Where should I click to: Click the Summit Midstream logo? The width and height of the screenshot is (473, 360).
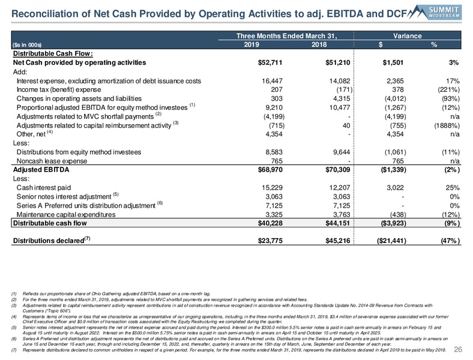pyautogui.click(x=435, y=13)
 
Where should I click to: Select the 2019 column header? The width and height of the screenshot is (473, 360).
pyautogui.click(x=252, y=44)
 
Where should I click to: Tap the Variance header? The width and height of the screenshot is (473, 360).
pyautogui.click(x=407, y=36)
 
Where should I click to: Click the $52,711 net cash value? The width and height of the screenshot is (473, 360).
pyautogui.click(x=270, y=63)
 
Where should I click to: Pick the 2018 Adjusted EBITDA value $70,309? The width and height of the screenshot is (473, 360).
pyautogui.click(x=337, y=170)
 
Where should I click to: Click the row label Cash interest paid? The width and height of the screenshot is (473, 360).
pyautogui.click(x=44, y=188)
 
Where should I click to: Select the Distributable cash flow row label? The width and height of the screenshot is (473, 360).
pyautogui.click(x=50, y=223)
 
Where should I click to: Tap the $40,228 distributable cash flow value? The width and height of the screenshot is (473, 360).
pyautogui.click(x=270, y=223)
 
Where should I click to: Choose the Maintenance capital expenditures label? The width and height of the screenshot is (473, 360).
pyautogui.click(x=66, y=215)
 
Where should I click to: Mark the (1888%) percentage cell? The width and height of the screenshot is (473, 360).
pyautogui.click(x=447, y=125)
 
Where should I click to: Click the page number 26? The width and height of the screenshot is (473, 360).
pyautogui.click(x=458, y=349)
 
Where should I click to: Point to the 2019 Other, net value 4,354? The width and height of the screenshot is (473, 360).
pyautogui.click(x=274, y=134)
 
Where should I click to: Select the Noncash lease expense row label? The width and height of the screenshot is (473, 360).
pyautogui.click(x=52, y=161)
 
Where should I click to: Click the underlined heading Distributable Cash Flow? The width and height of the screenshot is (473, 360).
pyautogui.click(x=53, y=53)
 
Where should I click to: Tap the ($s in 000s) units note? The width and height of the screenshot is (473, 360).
pyautogui.click(x=27, y=45)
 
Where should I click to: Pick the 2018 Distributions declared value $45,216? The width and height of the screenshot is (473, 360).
pyautogui.click(x=337, y=241)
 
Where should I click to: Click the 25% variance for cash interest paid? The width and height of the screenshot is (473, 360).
pyautogui.click(x=453, y=188)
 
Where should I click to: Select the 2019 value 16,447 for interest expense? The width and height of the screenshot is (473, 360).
pyautogui.click(x=272, y=81)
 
